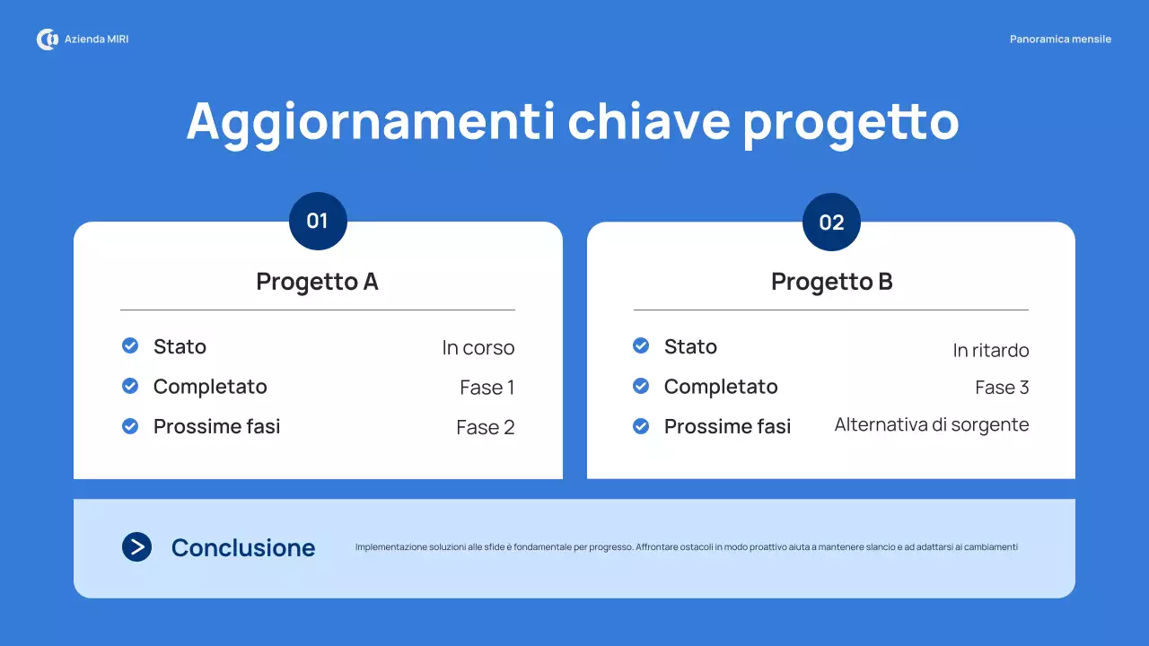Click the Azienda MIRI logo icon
pyautogui.click(x=47, y=39)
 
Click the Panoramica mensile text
pyautogui.click(x=1060, y=39)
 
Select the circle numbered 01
pyautogui.click(x=318, y=221)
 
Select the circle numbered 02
pyautogui.click(x=831, y=223)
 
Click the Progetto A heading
pyautogui.click(x=317, y=282)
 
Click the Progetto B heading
pyautogui.click(x=831, y=282)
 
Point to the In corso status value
pyautogui.click(x=478, y=348)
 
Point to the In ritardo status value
pyautogui.click(x=990, y=351)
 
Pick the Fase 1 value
pyautogui.click(x=487, y=388)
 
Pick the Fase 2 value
pyautogui.click(x=485, y=428)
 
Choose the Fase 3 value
pyautogui.click(x=1001, y=388)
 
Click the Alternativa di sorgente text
pyautogui.click(x=931, y=424)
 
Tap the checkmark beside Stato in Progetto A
pyautogui.click(x=130, y=345)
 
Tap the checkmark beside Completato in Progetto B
pyautogui.click(x=641, y=386)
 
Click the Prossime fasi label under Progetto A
pyautogui.click(x=216, y=427)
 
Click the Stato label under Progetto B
pyautogui.click(x=690, y=346)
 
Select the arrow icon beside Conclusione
pyautogui.click(x=136, y=546)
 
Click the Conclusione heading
pyautogui.click(x=243, y=548)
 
